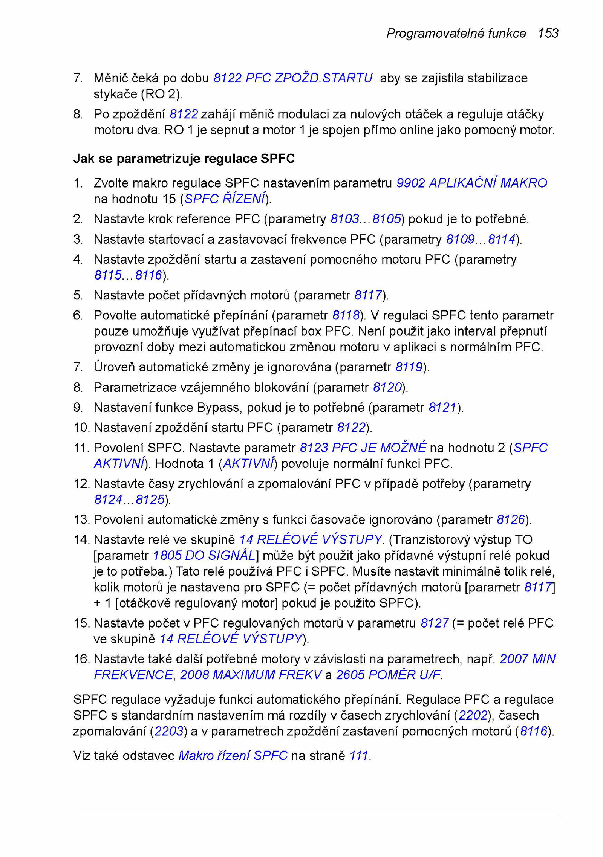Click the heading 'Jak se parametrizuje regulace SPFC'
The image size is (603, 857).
(184, 159)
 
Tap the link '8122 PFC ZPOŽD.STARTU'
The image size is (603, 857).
(293, 78)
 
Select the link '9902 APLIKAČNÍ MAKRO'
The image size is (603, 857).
(471, 183)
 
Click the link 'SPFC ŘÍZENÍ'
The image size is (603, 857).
(225, 199)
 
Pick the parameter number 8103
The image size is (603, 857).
(344, 219)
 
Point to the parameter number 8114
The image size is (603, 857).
(501, 239)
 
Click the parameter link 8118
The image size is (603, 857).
(346, 315)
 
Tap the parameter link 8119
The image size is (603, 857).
(409, 367)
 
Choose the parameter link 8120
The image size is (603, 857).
(387, 387)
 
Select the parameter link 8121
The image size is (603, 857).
(442, 407)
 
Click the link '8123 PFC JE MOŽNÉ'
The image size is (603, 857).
(363, 448)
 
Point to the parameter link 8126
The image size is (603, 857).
(511, 519)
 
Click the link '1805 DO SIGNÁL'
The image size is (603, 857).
(204, 555)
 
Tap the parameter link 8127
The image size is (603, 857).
(435, 623)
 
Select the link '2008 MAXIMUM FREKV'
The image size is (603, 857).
(251, 675)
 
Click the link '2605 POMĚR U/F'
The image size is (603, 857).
(388, 675)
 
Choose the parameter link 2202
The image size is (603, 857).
(473, 715)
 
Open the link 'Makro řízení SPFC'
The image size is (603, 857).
(233, 756)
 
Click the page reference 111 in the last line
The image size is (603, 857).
(358, 756)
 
